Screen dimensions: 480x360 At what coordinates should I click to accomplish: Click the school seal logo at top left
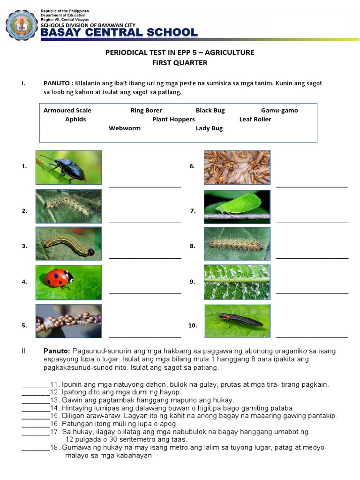click(x=21, y=26)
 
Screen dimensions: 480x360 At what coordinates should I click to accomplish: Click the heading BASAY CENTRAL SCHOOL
click(x=119, y=32)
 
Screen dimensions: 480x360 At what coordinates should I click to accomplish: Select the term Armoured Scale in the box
click(x=67, y=111)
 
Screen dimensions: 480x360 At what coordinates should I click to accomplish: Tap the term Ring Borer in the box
click(x=146, y=111)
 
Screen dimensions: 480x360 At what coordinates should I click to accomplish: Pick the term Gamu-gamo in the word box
click(x=279, y=111)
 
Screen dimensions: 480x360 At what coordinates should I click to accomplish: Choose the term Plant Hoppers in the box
click(x=173, y=120)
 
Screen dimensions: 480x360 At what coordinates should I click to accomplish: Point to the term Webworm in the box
click(x=125, y=128)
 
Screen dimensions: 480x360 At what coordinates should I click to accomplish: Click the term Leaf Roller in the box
click(x=255, y=120)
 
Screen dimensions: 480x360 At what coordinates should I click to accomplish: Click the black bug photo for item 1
click(x=68, y=167)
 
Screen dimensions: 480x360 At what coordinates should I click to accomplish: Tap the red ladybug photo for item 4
click(x=68, y=282)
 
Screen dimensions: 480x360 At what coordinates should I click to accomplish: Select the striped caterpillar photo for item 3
click(x=68, y=244)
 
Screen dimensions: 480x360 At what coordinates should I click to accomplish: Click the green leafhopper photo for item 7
click(x=237, y=206)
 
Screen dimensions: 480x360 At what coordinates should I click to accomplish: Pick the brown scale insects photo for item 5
click(x=68, y=321)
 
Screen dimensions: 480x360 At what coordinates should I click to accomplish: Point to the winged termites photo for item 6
click(x=237, y=167)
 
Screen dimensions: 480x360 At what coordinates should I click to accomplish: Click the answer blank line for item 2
click(x=145, y=222)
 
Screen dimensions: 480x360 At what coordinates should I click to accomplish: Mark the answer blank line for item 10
click(x=312, y=336)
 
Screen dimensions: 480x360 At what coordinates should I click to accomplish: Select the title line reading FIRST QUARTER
click(x=180, y=63)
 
